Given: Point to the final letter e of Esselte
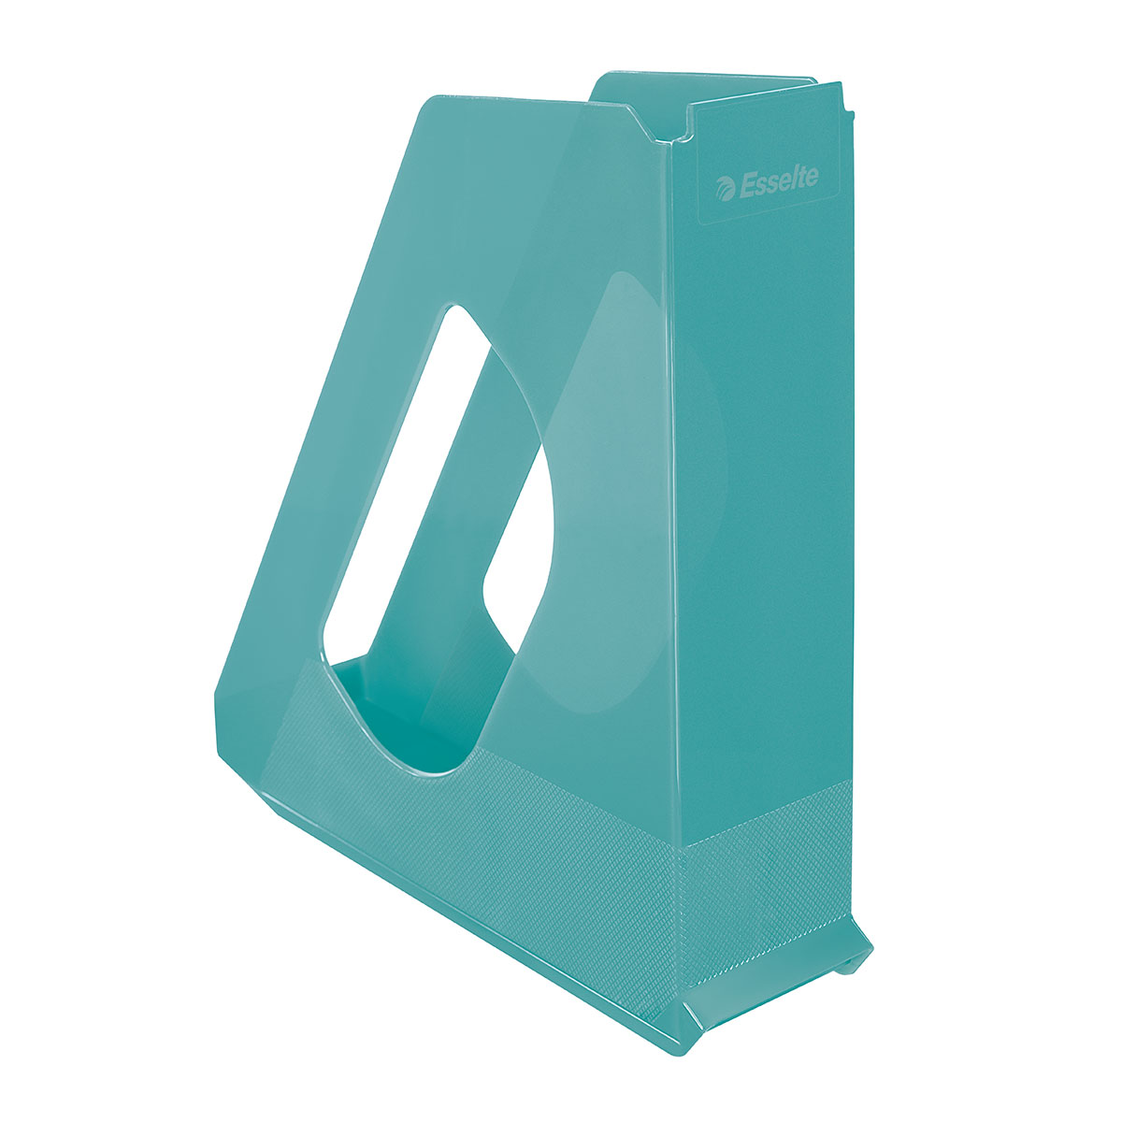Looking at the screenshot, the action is (x=812, y=175).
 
